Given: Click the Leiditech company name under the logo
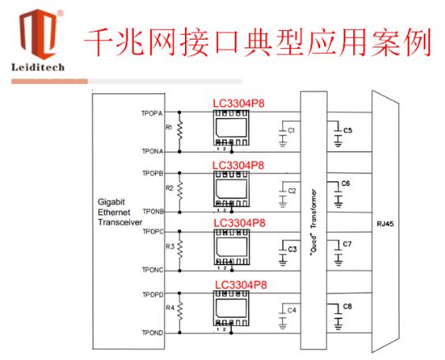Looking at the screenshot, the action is (x=38, y=67).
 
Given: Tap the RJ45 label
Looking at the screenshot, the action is (x=385, y=224).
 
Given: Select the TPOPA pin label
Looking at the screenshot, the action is (x=152, y=113).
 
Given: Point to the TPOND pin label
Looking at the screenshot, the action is (x=153, y=333).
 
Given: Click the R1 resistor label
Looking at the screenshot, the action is (x=169, y=127).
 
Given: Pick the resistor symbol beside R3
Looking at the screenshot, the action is (x=180, y=249).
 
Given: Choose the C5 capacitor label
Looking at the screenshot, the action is (x=348, y=131).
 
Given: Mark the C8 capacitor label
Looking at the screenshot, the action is (x=347, y=306).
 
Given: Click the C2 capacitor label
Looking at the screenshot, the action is (x=292, y=191).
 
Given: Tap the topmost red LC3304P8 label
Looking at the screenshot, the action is (x=239, y=103).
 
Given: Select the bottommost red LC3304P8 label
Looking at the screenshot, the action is (x=241, y=285).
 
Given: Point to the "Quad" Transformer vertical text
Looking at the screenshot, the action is (x=314, y=223).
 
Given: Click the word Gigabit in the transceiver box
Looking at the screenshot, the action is (x=111, y=202).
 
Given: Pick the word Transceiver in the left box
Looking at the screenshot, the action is (x=120, y=222).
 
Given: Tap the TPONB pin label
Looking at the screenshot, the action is (x=153, y=211).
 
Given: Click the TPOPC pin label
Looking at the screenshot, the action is (x=153, y=232).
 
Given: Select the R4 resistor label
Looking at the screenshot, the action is (x=170, y=308).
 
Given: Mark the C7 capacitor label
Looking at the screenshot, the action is (x=347, y=244).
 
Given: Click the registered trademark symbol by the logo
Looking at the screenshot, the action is (x=60, y=13).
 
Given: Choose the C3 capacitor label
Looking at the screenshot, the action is (x=292, y=249).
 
